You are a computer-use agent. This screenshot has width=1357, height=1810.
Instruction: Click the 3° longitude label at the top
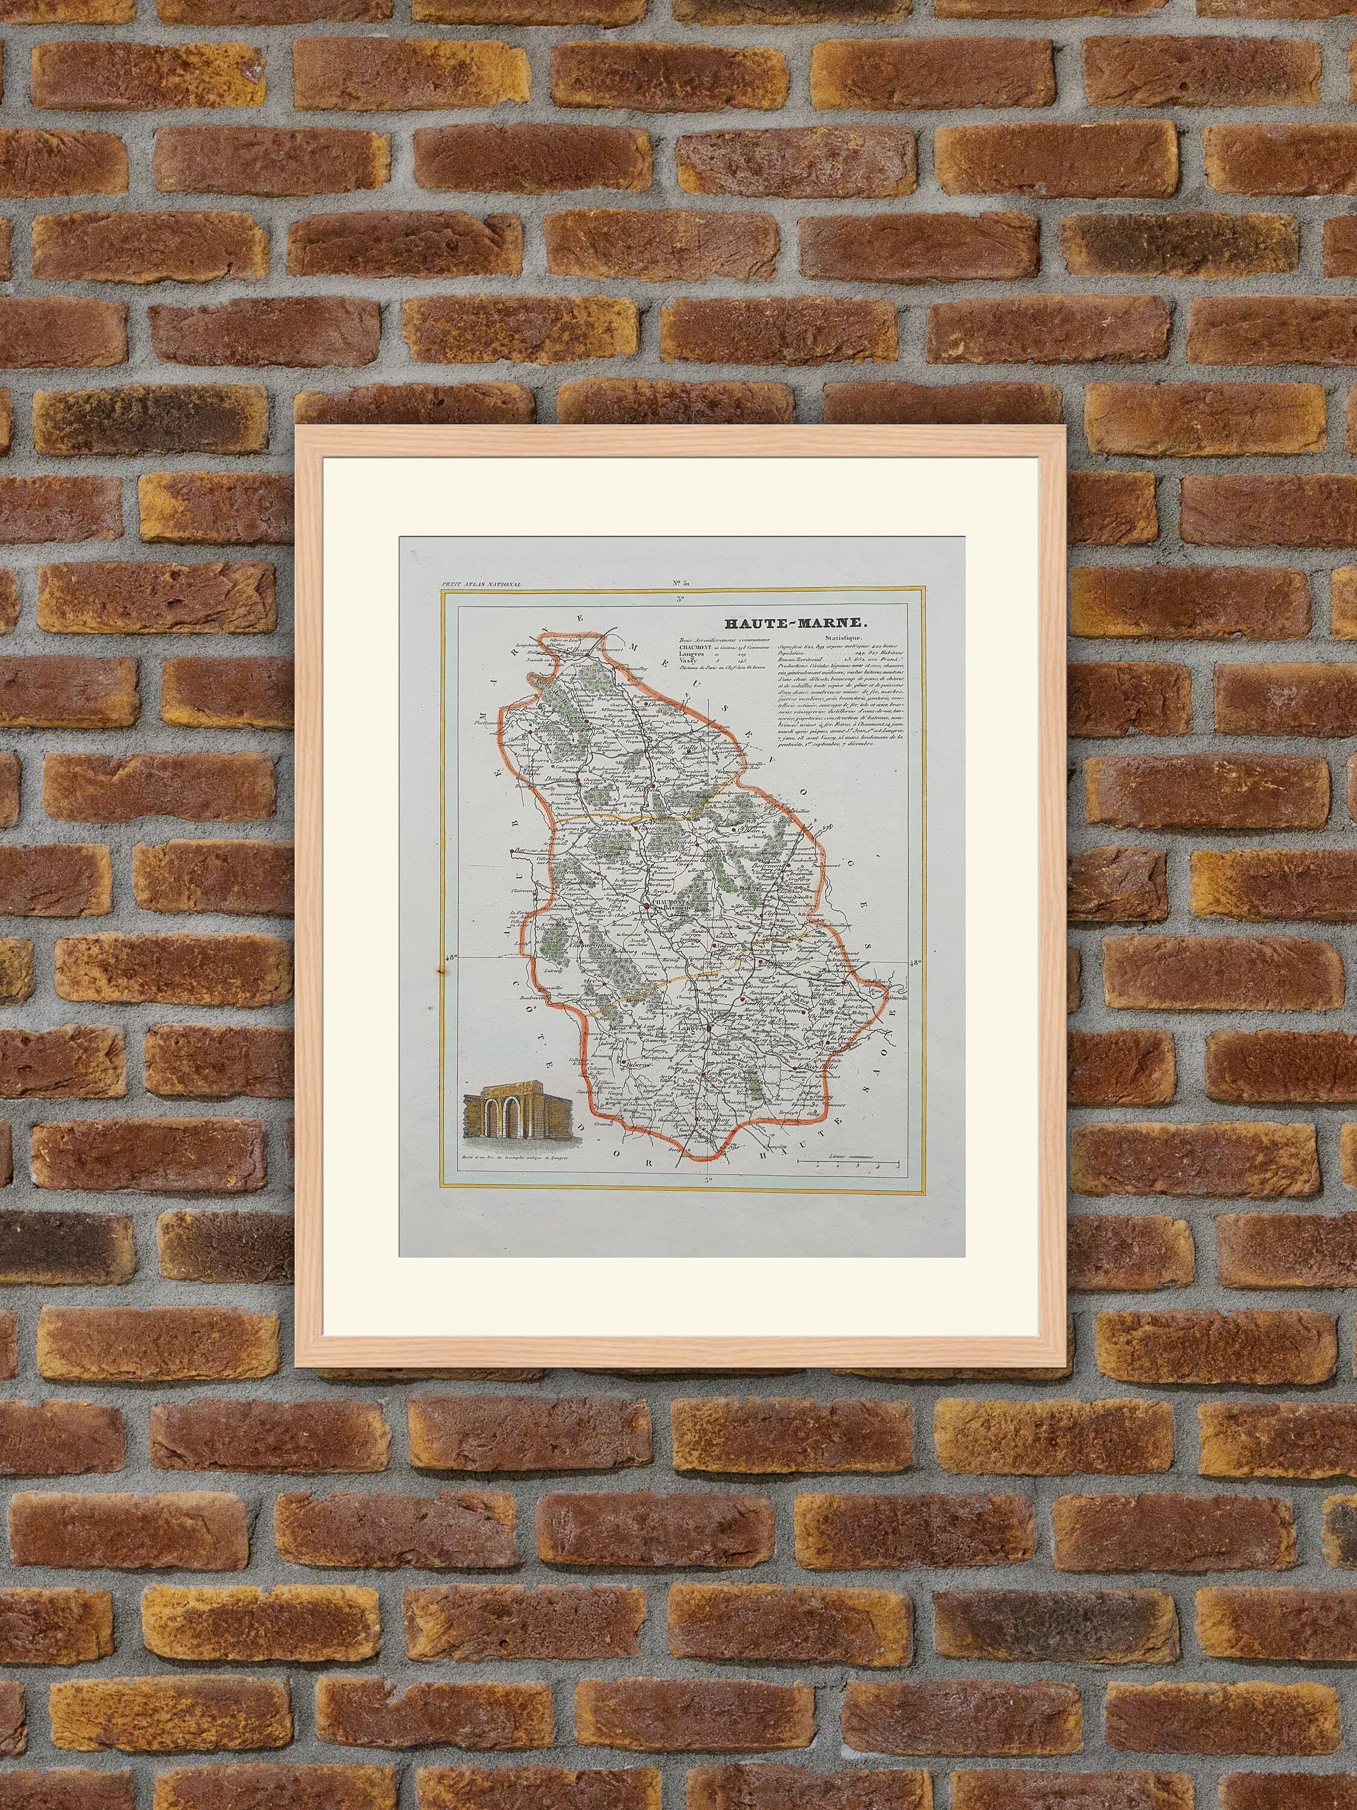680,600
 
